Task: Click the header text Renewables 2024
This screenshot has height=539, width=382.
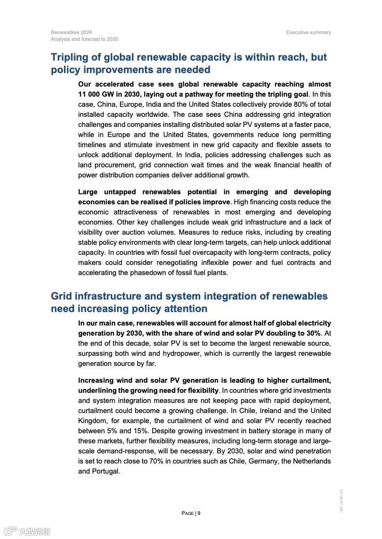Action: (71, 32)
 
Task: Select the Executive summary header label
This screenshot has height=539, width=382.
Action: (308, 32)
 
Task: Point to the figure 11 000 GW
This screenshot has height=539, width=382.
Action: (96, 94)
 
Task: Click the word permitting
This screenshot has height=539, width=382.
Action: (314, 135)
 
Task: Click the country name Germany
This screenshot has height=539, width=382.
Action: (245, 461)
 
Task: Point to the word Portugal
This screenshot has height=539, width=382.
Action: (105, 471)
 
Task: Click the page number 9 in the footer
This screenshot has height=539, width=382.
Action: (199, 513)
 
